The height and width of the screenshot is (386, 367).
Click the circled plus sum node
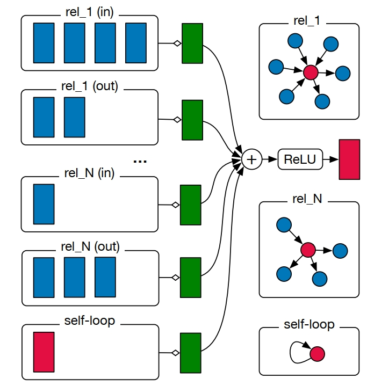click(251, 159)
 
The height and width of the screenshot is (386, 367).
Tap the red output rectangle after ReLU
click(349, 159)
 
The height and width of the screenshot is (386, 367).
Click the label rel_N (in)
click(90, 173)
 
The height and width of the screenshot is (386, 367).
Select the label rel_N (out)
click(90, 247)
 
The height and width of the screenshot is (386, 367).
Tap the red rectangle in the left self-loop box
click(44, 352)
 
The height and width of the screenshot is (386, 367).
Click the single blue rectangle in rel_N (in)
click(44, 203)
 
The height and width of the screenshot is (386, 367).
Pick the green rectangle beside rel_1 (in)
click(192, 43)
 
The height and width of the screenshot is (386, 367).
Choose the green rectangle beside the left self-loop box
click(190, 352)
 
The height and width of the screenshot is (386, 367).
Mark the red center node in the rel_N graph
click(307, 250)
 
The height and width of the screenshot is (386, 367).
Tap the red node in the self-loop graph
click(317, 353)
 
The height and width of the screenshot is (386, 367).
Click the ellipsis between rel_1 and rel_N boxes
click(139, 160)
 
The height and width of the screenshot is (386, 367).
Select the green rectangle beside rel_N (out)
click(190, 277)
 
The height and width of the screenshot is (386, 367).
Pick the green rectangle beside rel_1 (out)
click(192, 119)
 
